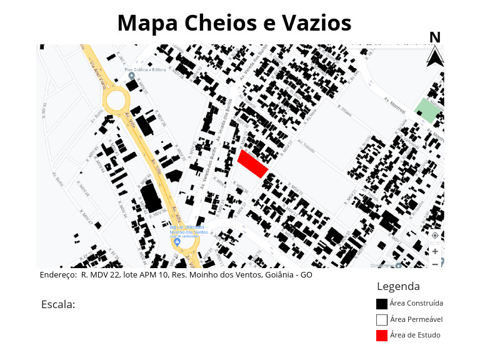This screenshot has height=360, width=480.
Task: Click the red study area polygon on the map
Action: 252,164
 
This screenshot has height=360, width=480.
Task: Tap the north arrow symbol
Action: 435,57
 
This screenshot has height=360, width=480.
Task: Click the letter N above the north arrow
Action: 435,37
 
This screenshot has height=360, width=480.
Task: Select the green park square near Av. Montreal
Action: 428,109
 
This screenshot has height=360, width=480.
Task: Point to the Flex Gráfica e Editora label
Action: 144,69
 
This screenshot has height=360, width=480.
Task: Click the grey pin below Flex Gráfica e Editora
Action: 131,76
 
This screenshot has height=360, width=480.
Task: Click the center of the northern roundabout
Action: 116,100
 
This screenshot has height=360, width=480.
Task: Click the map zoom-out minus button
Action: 435,264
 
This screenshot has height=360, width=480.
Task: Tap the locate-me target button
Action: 435,236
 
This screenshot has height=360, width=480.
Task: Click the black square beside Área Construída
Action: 381,304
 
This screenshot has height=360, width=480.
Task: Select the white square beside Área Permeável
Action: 381,319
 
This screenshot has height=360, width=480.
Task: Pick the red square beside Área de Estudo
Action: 381,335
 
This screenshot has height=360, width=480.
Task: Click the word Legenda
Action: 398,286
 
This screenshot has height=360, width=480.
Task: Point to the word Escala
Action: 57,304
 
